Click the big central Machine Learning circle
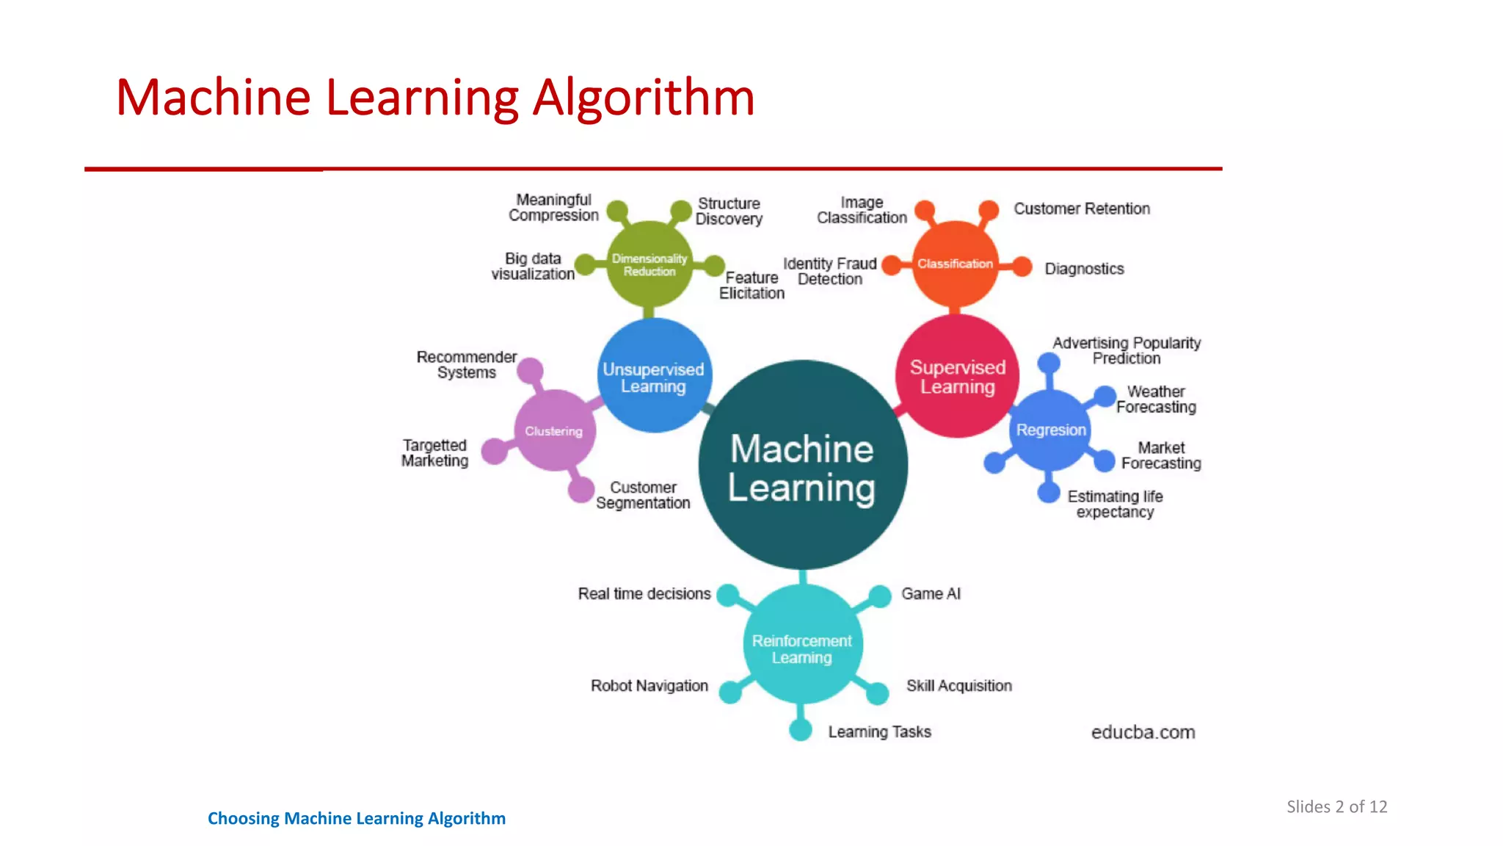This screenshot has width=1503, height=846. (803, 466)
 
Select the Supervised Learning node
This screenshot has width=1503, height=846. (957, 377)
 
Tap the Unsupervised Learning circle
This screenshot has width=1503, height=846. (653, 377)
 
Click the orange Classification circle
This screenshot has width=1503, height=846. (955, 264)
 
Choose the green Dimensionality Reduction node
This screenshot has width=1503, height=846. (649, 264)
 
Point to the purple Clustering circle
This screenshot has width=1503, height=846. (554, 431)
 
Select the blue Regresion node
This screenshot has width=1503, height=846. (1051, 430)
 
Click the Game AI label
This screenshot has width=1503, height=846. (931, 593)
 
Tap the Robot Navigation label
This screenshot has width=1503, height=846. (649, 686)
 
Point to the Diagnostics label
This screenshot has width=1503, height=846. (1084, 269)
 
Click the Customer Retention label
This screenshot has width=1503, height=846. (1082, 209)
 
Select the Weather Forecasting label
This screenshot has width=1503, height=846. (1156, 399)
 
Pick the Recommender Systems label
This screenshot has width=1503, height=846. (467, 365)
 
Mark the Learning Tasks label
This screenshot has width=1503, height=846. (879, 731)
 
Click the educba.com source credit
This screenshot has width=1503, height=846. (1143, 732)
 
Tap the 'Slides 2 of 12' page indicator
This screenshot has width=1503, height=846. (1336, 806)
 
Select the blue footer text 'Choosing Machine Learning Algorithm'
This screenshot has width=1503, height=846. (357, 818)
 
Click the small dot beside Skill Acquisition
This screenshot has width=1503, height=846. (878, 693)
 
